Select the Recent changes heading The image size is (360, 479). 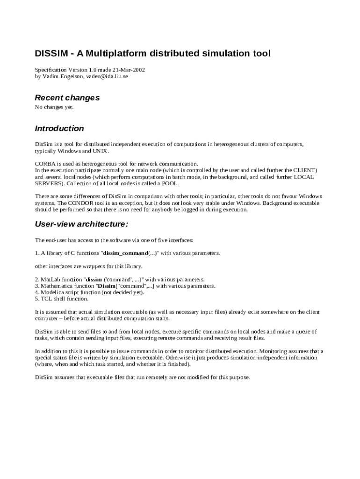point(67,98)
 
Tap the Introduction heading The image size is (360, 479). point(59,128)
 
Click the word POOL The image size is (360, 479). point(169,183)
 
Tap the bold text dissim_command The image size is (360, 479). point(125,253)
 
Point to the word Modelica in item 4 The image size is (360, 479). point(52,292)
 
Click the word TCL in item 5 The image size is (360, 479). point(47,299)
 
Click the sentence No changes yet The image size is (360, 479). point(54,107)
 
